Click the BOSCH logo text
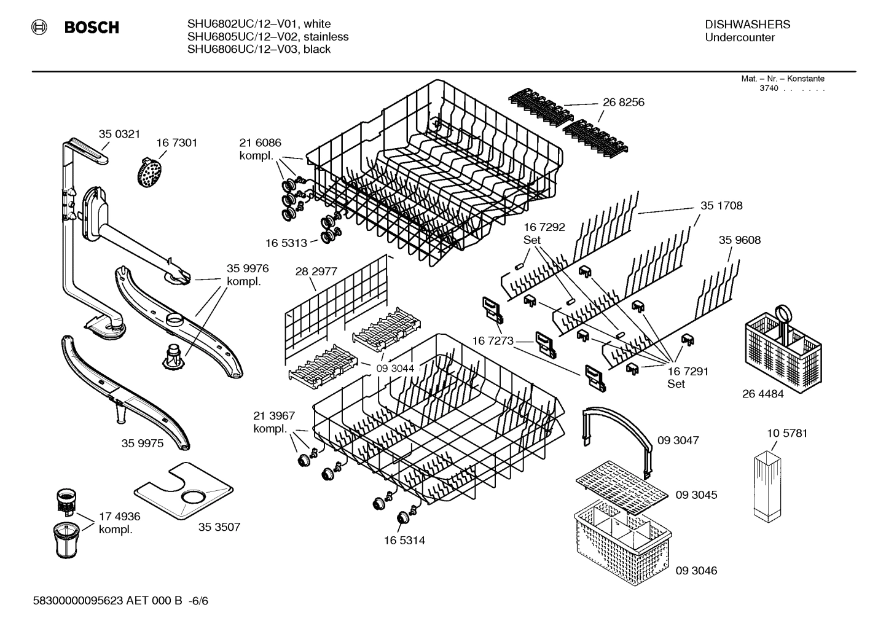click(92, 28)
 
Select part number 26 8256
click(623, 102)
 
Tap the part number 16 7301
click(176, 143)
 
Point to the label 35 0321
click(120, 134)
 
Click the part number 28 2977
click(316, 272)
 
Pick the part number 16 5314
click(404, 541)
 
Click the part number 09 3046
click(696, 570)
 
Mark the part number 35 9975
click(143, 443)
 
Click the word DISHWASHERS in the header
click(747, 25)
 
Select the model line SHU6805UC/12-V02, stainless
click(268, 37)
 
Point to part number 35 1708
click(721, 206)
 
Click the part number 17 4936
click(120, 517)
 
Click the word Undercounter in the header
click(740, 37)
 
